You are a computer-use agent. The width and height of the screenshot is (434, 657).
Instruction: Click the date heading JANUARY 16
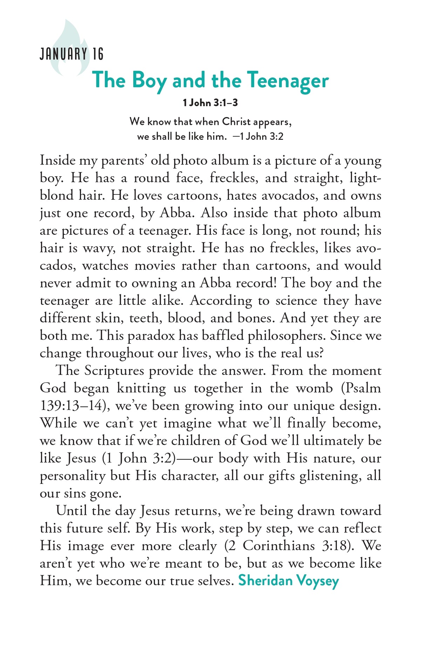click(x=72, y=54)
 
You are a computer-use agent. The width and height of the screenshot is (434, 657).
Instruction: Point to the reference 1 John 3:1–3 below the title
click(x=210, y=103)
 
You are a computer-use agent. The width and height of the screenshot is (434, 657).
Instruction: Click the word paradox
click(x=151, y=335)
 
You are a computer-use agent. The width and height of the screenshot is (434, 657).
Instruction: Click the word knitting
click(x=141, y=388)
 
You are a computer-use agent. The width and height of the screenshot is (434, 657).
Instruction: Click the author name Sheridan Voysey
click(x=289, y=581)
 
